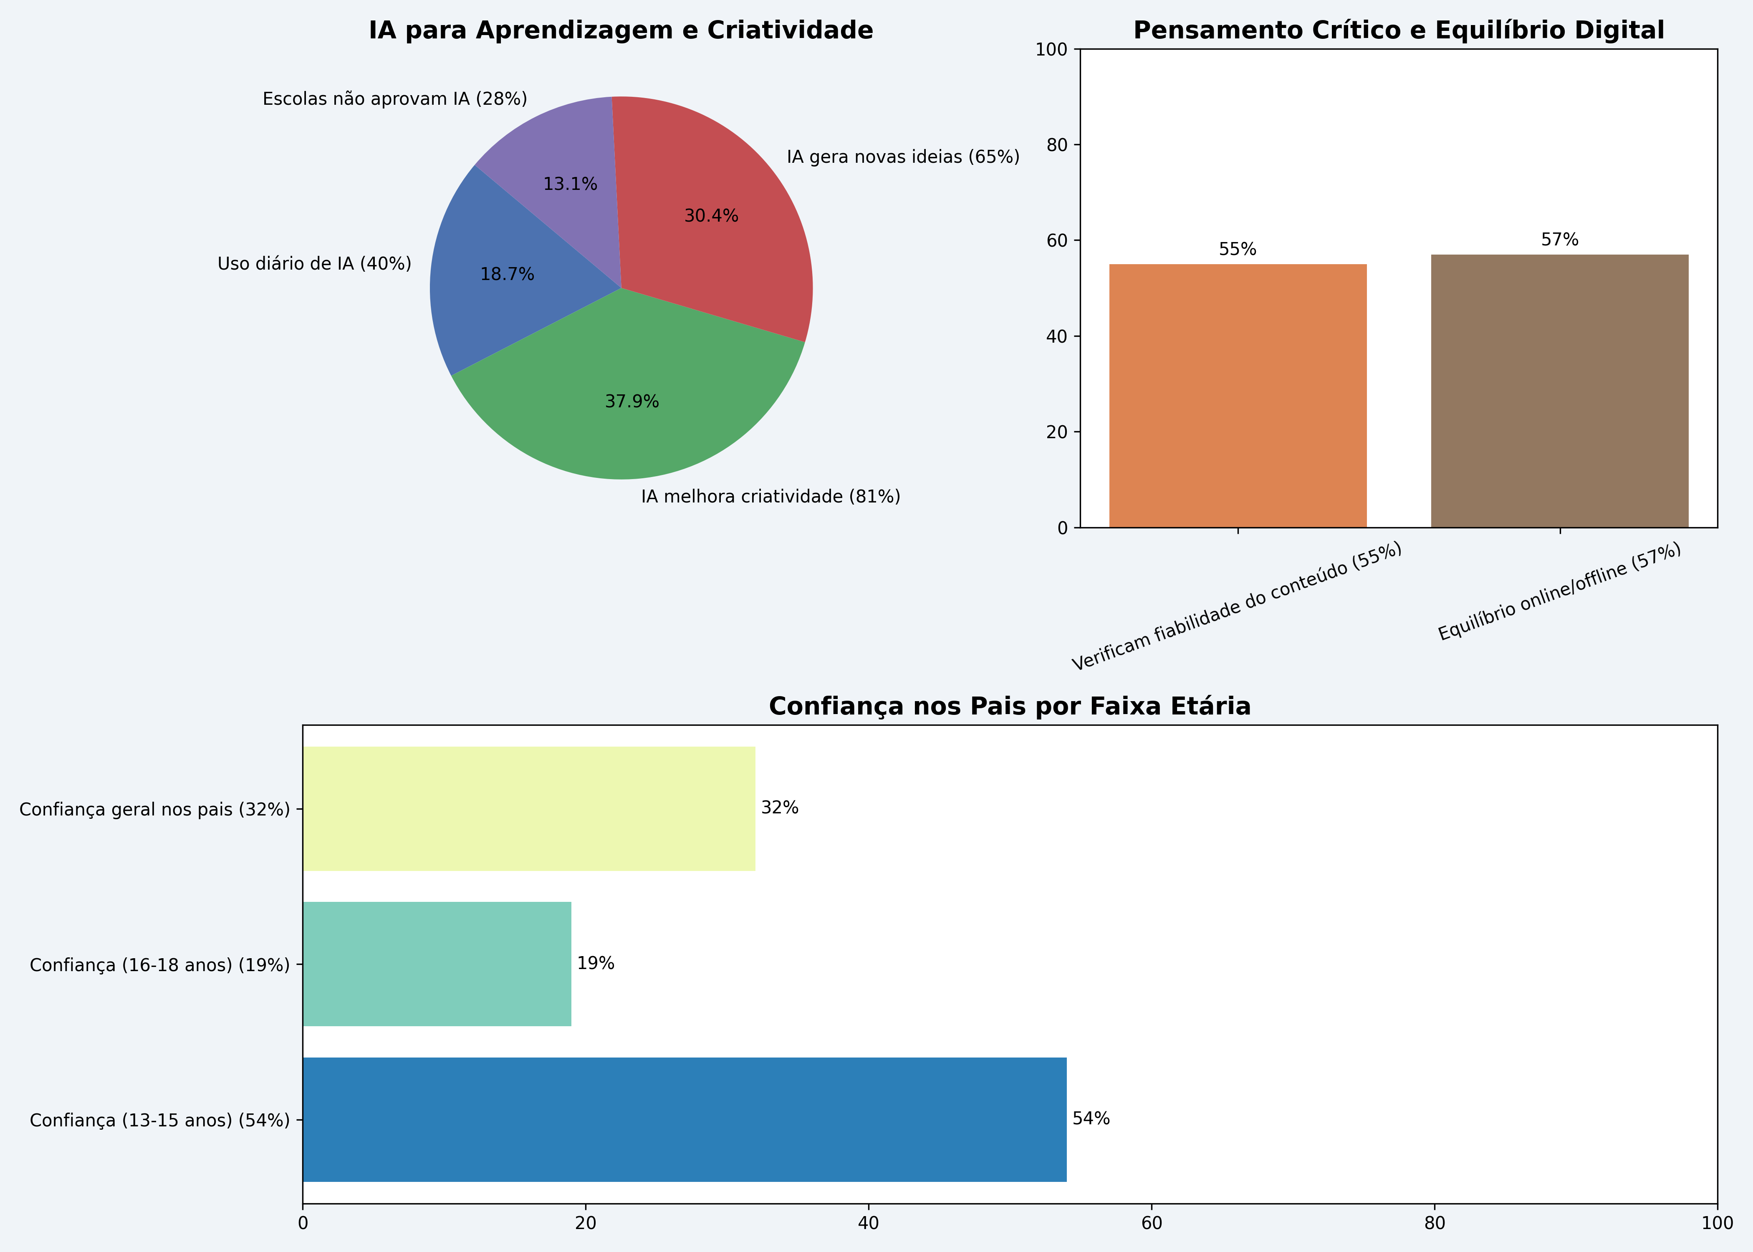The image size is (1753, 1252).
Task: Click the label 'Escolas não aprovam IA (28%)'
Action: [x=395, y=99]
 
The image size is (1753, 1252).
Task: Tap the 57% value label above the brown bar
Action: [x=1559, y=240]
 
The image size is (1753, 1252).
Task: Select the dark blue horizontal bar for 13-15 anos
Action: [x=685, y=1119]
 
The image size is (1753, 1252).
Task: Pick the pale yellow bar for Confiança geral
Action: [x=529, y=809]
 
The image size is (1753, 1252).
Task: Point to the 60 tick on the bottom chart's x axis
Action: [x=1152, y=1224]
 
